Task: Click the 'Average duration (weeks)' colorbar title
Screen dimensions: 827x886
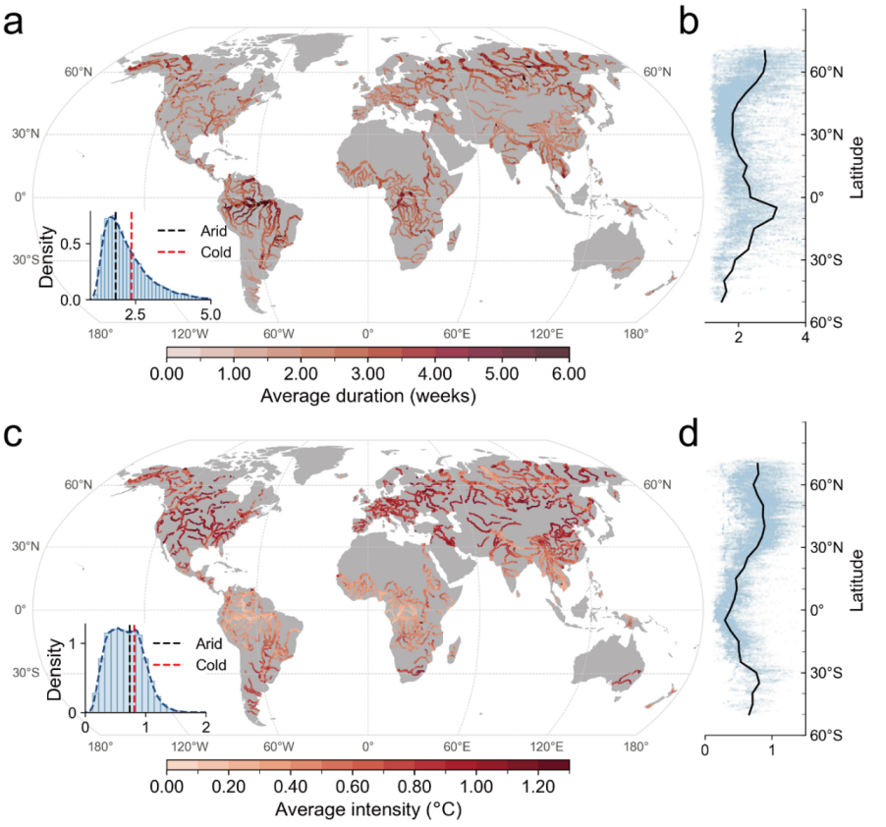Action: point(367,397)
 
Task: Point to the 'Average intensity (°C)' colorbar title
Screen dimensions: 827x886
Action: point(367,810)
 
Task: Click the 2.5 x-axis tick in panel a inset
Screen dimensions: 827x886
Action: point(136,314)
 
